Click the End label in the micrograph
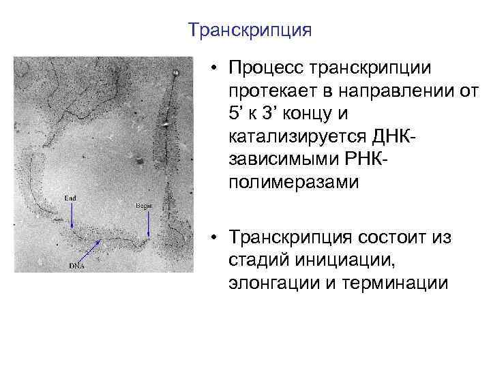70,198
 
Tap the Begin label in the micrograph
144,205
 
